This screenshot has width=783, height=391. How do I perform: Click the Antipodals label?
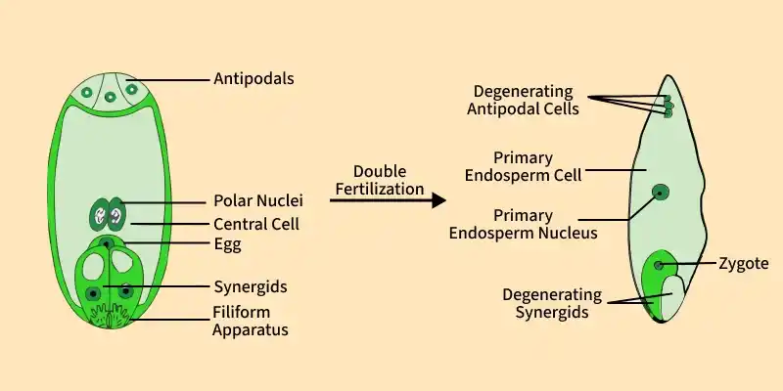coord(253,79)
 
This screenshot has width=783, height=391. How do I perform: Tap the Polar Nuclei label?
coord(258,201)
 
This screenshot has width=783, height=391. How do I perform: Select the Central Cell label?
coord(256,225)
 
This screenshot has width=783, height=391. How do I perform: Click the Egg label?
coord(228,245)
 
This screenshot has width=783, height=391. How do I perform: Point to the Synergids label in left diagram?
coord(251,287)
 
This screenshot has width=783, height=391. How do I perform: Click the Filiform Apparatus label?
coord(251,321)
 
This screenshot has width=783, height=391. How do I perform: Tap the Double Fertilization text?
coord(380,180)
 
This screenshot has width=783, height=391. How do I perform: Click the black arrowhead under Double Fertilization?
coord(438,200)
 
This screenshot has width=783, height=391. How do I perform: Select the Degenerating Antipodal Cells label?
coord(523,100)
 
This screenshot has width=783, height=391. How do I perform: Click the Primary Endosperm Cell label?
coord(524,166)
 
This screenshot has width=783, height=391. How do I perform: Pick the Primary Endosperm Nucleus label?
coord(523,224)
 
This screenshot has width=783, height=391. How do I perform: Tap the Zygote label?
coord(744,264)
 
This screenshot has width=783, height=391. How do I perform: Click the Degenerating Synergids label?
coord(552,303)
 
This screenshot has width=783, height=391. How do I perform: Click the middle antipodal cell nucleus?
coord(110,97)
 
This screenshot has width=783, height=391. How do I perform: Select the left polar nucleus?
coord(100,214)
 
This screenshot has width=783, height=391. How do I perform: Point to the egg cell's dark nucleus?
coord(107,243)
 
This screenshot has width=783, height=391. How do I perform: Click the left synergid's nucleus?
coord(92,294)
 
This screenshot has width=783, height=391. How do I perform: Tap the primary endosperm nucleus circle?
coord(661,192)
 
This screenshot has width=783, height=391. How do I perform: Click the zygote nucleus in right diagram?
coord(659,265)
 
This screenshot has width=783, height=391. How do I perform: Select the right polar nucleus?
coord(116,214)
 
